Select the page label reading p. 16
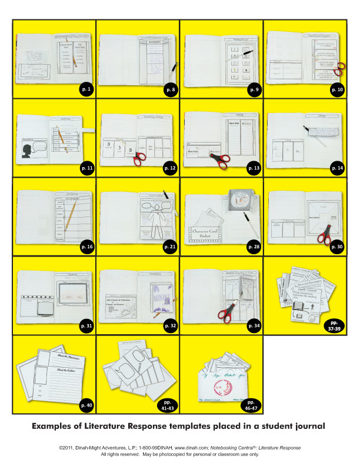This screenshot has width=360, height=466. click(86, 247)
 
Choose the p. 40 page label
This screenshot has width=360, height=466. click(86, 405)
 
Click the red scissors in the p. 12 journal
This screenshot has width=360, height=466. click(139, 158)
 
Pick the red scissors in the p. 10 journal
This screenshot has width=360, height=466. click(337, 72)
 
